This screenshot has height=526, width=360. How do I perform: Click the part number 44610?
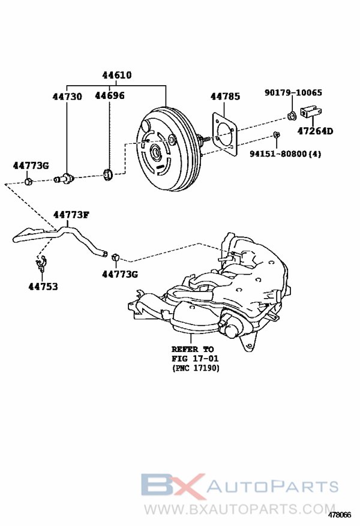116,76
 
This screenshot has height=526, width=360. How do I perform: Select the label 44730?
67,96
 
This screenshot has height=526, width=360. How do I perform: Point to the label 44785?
225,96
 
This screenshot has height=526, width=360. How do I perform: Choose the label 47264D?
315,131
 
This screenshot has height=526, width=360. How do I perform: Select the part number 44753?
43,287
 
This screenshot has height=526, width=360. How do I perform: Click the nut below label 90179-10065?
291,115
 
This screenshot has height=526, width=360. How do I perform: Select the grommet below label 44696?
108,175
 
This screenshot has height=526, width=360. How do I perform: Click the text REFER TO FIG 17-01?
192,354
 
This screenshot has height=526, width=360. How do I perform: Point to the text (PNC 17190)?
195,368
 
